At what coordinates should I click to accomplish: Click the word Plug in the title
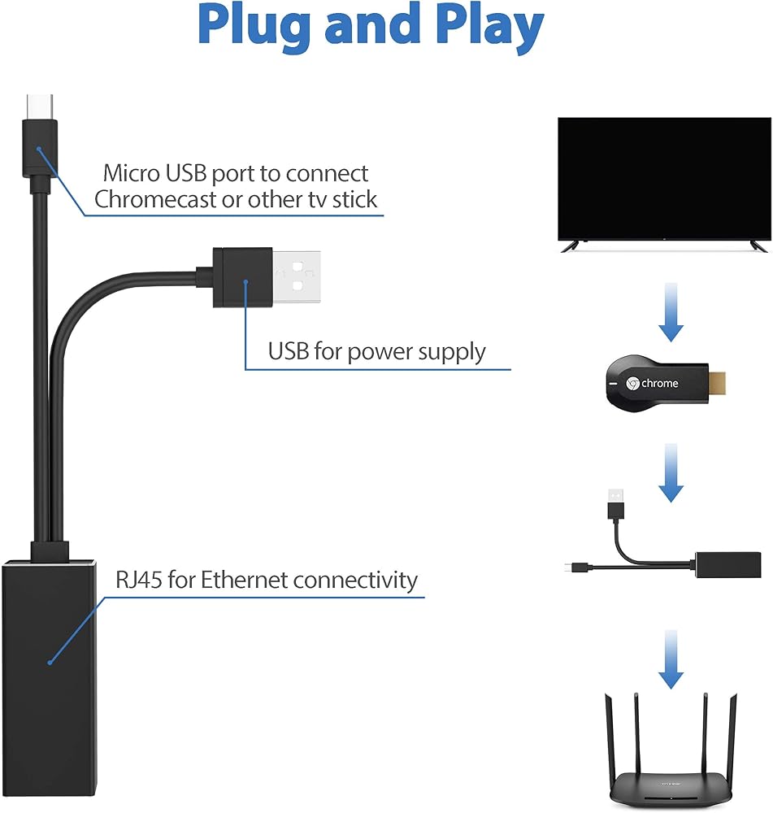pyautogui.click(x=255, y=27)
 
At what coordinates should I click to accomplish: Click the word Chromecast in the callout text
pyautogui.click(x=155, y=199)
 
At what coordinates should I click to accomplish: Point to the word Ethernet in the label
pyautogui.click(x=244, y=579)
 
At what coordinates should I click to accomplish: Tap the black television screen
pyautogui.click(x=664, y=179)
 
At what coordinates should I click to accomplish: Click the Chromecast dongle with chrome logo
pyautogui.click(x=658, y=384)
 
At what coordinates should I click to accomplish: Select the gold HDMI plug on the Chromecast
pyautogui.click(x=717, y=383)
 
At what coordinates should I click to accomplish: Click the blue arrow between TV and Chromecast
pyautogui.click(x=671, y=312)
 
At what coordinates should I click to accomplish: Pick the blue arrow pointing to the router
pyautogui.click(x=671, y=659)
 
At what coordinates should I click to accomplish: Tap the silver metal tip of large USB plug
pyautogui.click(x=296, y=277)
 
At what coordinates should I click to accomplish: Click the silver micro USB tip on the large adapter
pyautogui.click(x=40, y=107)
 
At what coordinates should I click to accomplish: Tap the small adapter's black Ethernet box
pyautogui.click(x=728, y=565)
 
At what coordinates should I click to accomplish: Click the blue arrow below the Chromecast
pyautogui.click(x=671, y=473)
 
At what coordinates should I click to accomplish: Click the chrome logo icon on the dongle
pyautogui.click(x=632, y=384)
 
